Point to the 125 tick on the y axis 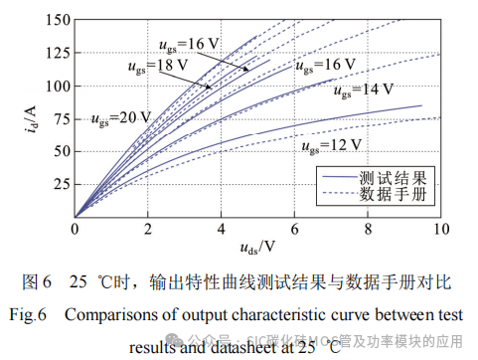(x=58, y=53)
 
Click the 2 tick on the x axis (x=148, y=229)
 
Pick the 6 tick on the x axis (x=294, y=229)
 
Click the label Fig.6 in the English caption (x=27, y=315)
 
